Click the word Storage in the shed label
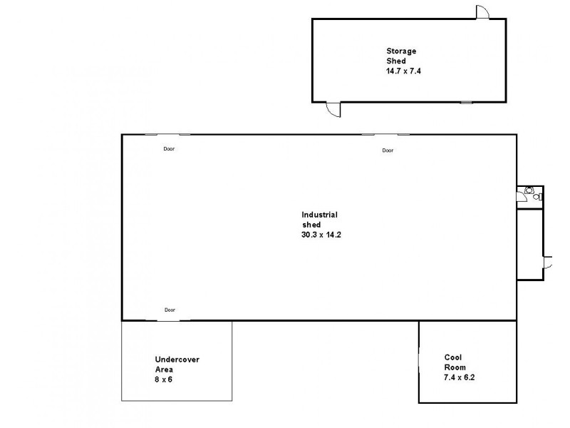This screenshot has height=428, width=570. [x=401, y=51]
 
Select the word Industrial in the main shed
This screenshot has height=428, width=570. [x=319, y=215]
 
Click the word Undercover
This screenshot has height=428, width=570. [x=177, y=360]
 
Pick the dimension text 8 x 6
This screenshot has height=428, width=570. [x=164, y=379]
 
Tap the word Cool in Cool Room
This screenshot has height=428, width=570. [x=453, y=357]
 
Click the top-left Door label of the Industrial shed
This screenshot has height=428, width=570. [x=169, y=149]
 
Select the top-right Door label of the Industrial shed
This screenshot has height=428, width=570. [x=388, y=151]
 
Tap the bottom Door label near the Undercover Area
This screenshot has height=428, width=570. [x=170, y=310]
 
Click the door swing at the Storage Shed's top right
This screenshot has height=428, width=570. [x=482, y=12]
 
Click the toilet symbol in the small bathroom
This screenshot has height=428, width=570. [x=529, y=190]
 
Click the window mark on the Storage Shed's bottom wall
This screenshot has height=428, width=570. [x=465, y=102]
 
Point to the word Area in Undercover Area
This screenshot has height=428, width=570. [x=164, y=370]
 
